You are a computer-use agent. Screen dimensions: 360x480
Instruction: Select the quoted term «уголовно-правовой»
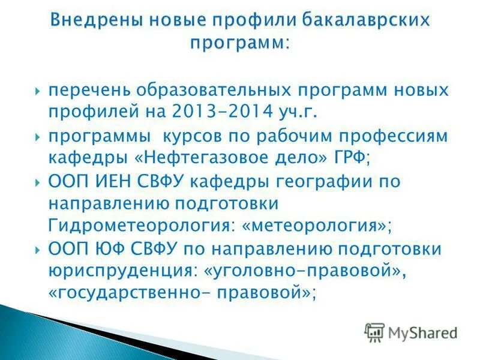(301, 271)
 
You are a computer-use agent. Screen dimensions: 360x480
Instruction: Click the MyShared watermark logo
(412, 332)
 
